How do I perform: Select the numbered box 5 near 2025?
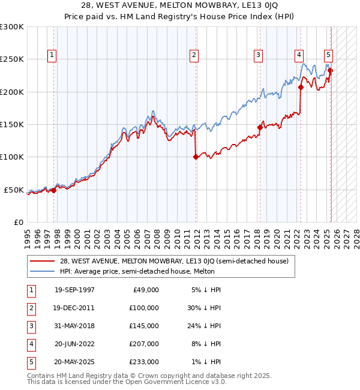pos(329,55)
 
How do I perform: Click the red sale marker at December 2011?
pos(196,157)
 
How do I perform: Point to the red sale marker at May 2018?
pos(260,127)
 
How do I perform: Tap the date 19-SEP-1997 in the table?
pos(74,290)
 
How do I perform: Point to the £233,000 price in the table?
pos(145,362)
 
